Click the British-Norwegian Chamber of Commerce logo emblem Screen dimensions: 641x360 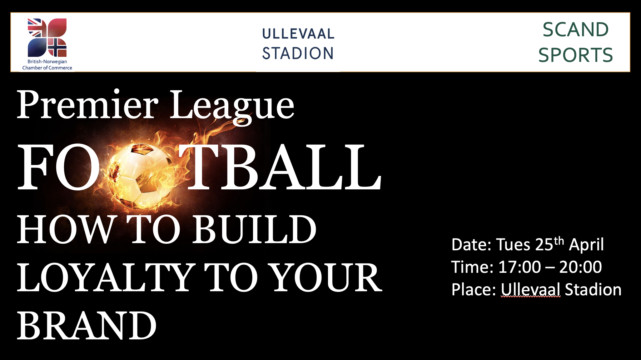point(47,37)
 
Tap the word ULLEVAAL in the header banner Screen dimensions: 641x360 point(298,34)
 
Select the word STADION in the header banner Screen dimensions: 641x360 point(298,53)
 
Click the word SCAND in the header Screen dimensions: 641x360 point(576,30)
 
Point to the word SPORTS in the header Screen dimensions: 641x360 point(576,55)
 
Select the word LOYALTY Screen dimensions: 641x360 point(105,277)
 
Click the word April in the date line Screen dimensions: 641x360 point(586,245)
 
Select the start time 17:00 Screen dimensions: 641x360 point(519,267)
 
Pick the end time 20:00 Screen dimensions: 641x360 point(580,267)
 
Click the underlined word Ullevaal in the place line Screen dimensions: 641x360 point(530,290)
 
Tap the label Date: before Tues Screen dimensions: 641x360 point(471,245)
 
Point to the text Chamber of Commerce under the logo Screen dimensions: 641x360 point(47,68)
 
